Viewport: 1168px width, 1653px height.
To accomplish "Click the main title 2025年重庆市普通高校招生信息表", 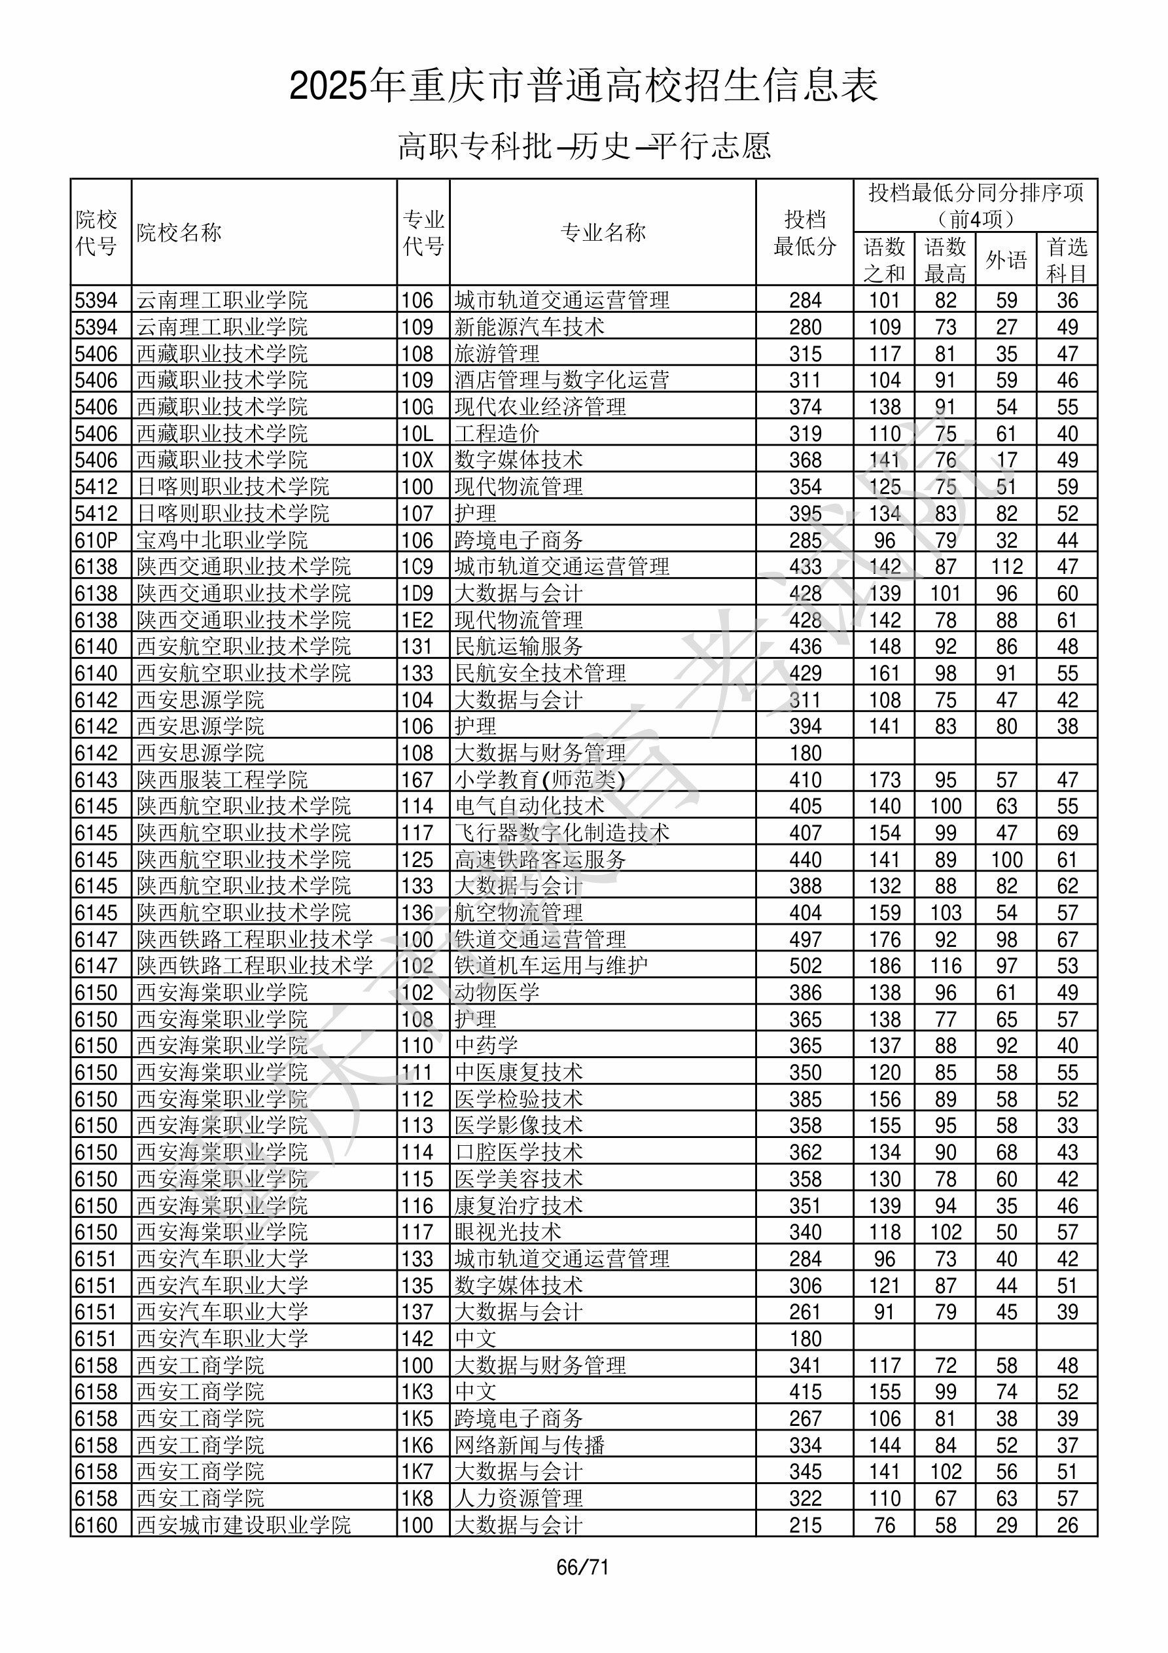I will [x=583, y=86].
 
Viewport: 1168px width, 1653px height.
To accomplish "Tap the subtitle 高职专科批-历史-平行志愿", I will [x=584, y=146].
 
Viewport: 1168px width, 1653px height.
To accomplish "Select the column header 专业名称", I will [x=603, y=232].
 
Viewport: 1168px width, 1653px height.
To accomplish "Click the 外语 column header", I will [x=1006, y=260].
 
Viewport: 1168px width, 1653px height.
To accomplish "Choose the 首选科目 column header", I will [x=1067, y=260].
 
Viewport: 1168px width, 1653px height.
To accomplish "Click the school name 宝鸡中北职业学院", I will [x=222, y=540].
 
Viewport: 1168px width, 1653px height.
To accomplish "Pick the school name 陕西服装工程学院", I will [x=222, y=779].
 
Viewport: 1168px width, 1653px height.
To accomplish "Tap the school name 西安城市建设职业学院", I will [x=243, y=1525].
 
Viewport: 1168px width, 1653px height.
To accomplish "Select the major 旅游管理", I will [x=497, y=353].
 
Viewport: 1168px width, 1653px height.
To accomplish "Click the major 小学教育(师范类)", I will [x=539, y=779].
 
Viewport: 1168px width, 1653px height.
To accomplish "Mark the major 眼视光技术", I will [x=508, y=1232].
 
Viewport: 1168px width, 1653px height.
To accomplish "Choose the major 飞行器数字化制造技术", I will [x=561, y=833].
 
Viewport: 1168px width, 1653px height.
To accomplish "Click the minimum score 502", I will [x=805, y=966].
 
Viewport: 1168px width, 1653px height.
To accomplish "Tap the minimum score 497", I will [x=805, y=940].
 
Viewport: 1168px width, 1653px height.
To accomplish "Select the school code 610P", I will [x=96, y=540].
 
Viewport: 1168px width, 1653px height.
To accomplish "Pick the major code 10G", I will [x=417, y=407].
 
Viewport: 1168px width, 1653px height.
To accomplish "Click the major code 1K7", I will [x=417, y=1472].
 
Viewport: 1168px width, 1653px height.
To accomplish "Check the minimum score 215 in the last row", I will [x=805, y=1525].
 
